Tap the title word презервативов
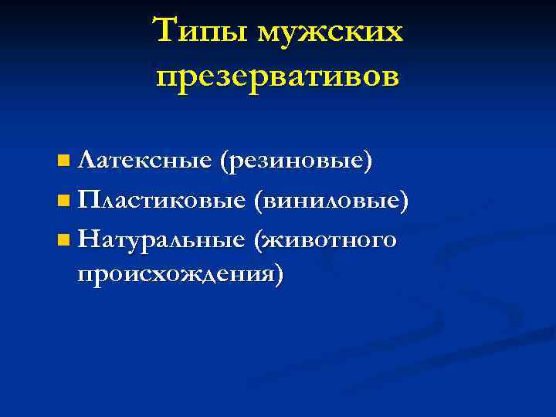(x=278, y=76)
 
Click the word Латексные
(x=145, y=161)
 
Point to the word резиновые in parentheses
(x=297, y=161)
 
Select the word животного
(x=335, y=240)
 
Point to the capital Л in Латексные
(x=86, y=161)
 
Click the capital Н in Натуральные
(x=88, y=240)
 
